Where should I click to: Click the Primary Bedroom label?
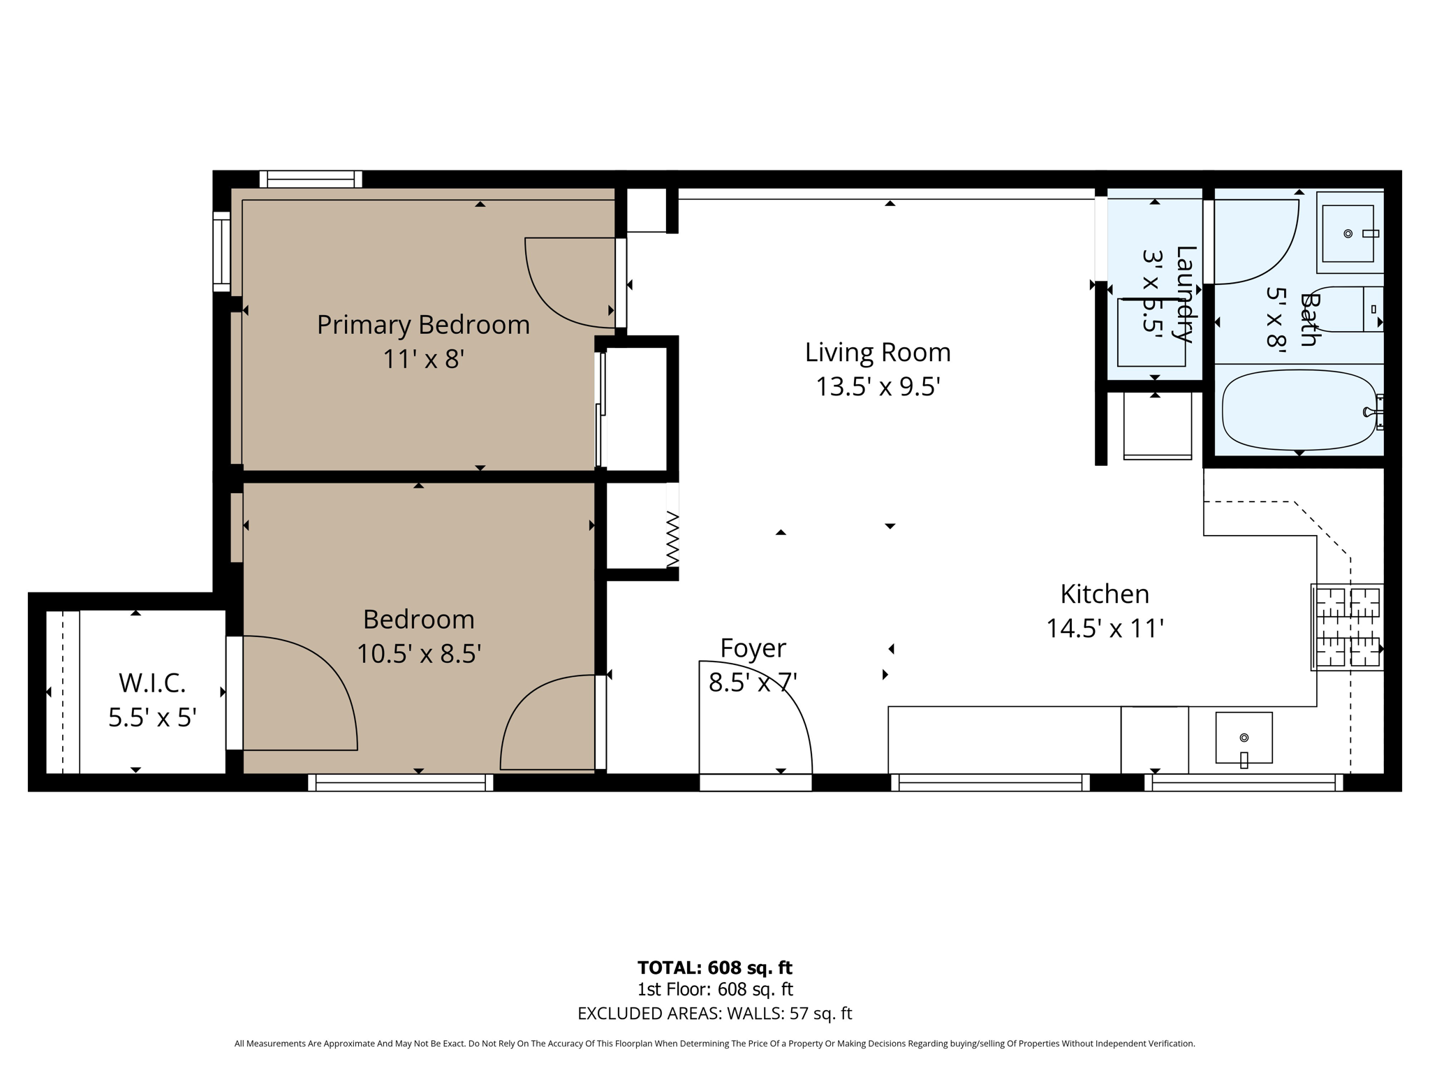click(423, 325)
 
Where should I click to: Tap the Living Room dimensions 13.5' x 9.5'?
click(878, 386)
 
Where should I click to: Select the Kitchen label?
click(1104, 594)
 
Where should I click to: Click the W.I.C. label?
click(152, 683)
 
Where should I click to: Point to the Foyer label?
click(753, 648)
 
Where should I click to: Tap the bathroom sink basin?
click(1348, 233)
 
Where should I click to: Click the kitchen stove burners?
click(1347, 627)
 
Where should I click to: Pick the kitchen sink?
click(1244, 738)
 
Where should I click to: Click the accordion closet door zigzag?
click(672, 539)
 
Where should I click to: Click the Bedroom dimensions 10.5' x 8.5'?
click(419, 654)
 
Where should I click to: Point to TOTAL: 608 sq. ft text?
click(714, 968)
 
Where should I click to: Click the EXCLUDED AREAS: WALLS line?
click(714, 1014)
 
